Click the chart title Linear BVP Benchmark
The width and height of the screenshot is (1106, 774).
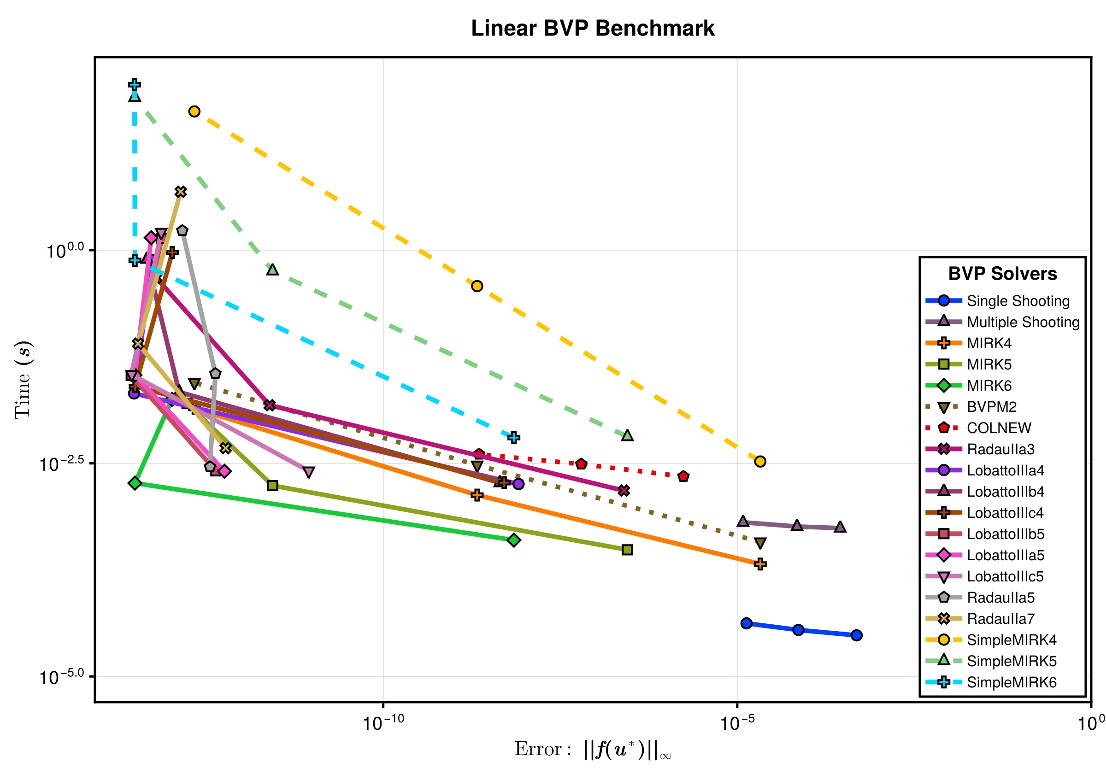593,29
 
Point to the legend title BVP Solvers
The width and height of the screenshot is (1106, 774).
1002,274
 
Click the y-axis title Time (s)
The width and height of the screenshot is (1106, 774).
23,380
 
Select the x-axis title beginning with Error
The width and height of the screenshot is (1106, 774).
593,750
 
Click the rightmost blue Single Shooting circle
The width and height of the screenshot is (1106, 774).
856,635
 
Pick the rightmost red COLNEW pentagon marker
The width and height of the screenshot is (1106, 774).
683,476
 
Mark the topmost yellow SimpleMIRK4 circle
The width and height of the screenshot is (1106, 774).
194,111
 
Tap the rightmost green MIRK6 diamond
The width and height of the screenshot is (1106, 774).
514,540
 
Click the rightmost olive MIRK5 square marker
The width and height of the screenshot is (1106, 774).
627,550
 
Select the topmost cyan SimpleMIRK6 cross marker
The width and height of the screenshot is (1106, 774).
135,85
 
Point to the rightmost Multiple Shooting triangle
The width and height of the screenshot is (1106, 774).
840,527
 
